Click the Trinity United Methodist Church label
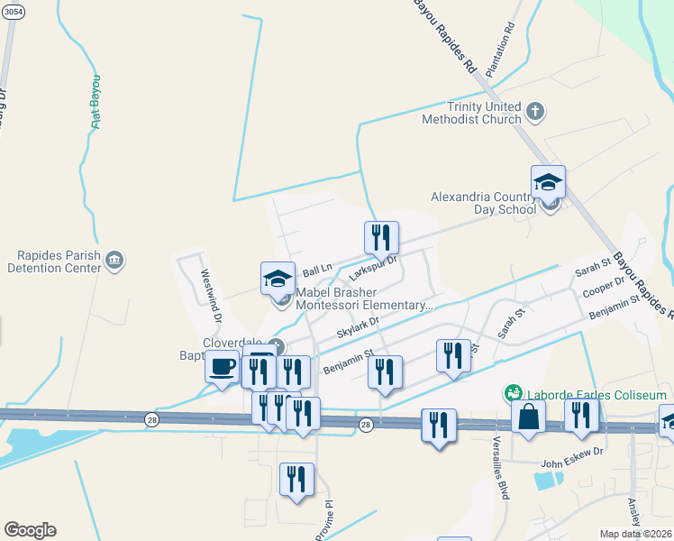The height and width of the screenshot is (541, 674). click(474, 113)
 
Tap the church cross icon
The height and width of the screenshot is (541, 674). click(535, 112)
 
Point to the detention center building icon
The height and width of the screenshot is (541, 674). click(114, 261)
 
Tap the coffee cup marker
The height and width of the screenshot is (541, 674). click(223, 368)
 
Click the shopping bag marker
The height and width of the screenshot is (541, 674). click(528, 417)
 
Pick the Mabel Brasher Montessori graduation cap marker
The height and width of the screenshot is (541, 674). click(278, 280)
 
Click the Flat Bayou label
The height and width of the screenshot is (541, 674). click(96, 102)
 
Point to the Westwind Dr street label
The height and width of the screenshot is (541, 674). click(211, 295)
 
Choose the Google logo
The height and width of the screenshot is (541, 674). click(30, 530)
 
